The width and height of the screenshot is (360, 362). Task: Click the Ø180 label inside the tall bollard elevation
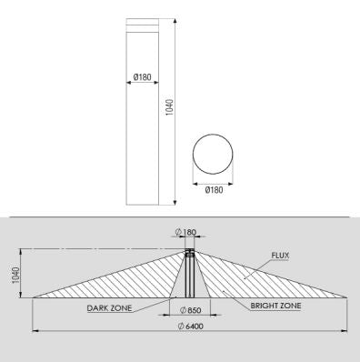tap(142, 77)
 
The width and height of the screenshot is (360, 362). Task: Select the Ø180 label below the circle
tap(215, 189)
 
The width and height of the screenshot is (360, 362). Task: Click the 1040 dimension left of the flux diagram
tap(15, 274)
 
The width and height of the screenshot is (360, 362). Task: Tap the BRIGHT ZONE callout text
tap(275, 307)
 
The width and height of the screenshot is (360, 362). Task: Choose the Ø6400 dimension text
tap(192, 327)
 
